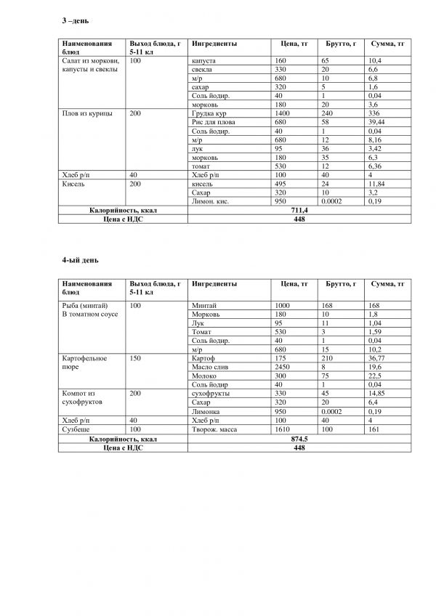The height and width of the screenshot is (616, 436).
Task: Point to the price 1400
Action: coord(283,114)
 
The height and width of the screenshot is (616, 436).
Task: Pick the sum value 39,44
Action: coord(378,123)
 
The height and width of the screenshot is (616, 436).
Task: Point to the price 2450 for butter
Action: coord(283,368)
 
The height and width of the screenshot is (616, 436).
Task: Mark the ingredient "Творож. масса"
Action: coord(214,429)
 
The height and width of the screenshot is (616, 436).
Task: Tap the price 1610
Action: coord(283,429)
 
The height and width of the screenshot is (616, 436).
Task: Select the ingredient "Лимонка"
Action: coord(203,411)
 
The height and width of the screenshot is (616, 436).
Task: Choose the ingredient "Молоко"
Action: coord(202,376)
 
